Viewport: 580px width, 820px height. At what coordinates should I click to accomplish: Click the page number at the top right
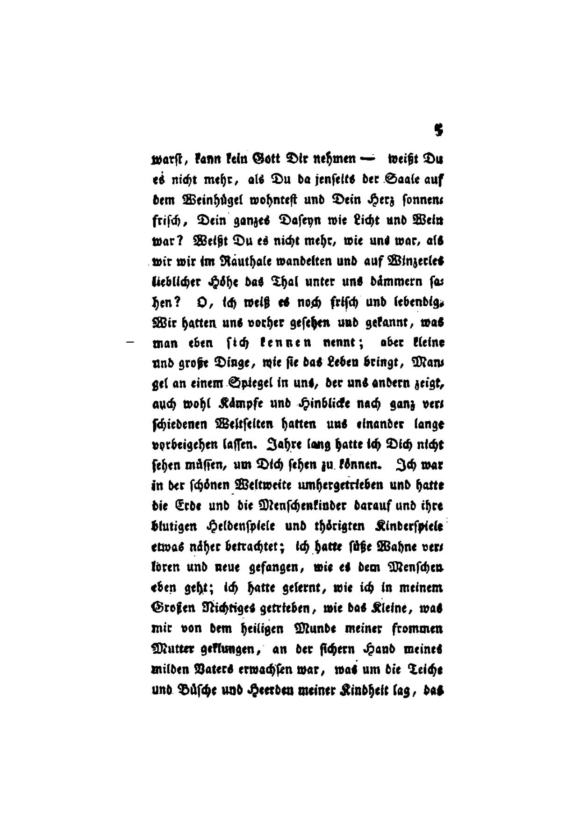click(438, 130)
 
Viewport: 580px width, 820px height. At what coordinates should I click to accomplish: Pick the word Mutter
click(172, 649)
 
